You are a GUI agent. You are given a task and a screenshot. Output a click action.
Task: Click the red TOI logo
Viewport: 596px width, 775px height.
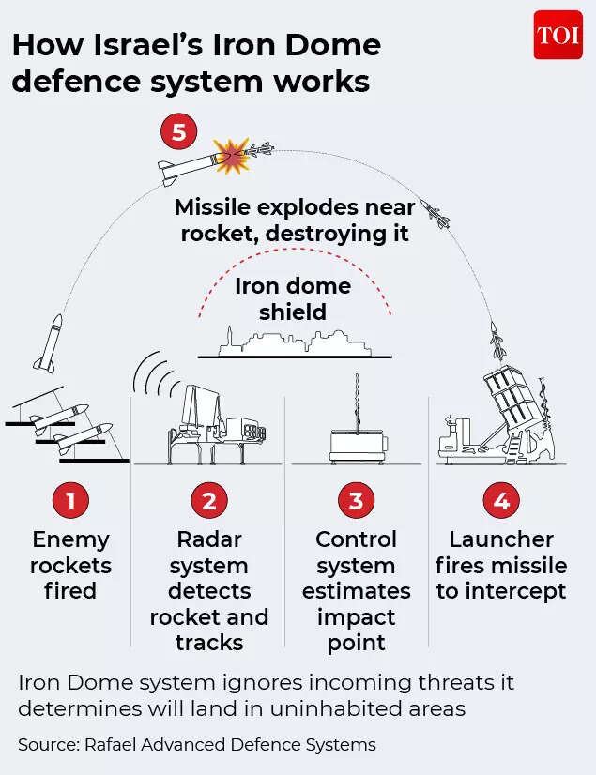coord(558,36)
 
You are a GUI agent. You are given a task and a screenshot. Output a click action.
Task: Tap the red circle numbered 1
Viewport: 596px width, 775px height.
coord(70,501)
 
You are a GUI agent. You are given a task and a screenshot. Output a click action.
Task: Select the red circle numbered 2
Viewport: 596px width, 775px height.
coord(208,501)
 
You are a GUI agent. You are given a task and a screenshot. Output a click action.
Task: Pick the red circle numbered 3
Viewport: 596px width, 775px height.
coord(356,501)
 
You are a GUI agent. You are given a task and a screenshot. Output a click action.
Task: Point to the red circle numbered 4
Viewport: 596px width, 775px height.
coord(500,501)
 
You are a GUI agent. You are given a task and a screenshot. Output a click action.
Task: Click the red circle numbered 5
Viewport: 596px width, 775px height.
coord(178,132)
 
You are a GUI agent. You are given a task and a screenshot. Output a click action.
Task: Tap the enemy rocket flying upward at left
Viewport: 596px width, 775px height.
coord(49,342)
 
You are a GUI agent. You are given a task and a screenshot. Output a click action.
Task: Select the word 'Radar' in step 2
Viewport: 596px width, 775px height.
coord(208,539)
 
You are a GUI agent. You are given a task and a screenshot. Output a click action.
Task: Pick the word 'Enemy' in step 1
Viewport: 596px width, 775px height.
coord(70,539)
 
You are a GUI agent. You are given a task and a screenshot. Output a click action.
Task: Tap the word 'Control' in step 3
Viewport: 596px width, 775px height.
coord(356,539)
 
